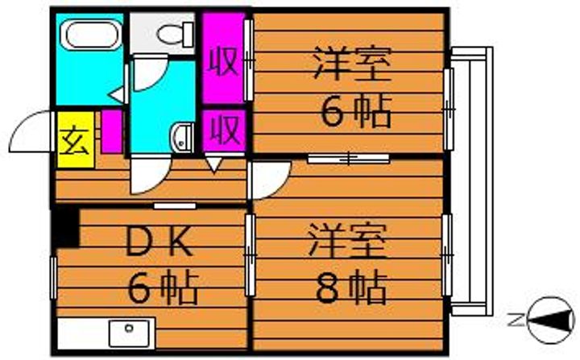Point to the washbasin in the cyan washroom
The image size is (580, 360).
[182, 137]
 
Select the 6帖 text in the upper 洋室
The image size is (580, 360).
[357, 112]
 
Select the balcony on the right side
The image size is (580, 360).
[470, 181]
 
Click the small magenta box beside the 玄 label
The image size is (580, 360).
[111, 133]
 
